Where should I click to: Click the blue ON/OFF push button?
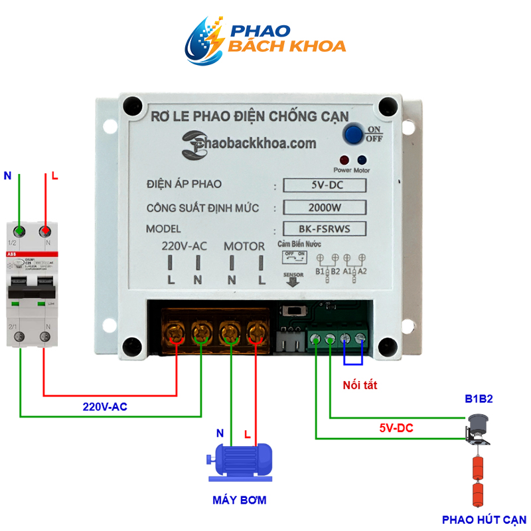tap(353, 134)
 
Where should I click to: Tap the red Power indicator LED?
tap(344, 160)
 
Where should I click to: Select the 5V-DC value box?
tap(324, 185)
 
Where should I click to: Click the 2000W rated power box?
tap(324, 207)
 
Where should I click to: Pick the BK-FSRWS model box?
tap(324, 228)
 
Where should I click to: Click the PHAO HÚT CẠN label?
tap(484, 519)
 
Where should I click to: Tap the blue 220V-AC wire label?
tap(105, 406)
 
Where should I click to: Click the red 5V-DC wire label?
tap(396, 429)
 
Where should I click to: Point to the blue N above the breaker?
tap(7, 177)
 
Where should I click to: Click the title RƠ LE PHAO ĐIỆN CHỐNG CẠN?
tap(250, 116)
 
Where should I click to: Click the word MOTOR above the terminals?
tap(244, 246)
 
